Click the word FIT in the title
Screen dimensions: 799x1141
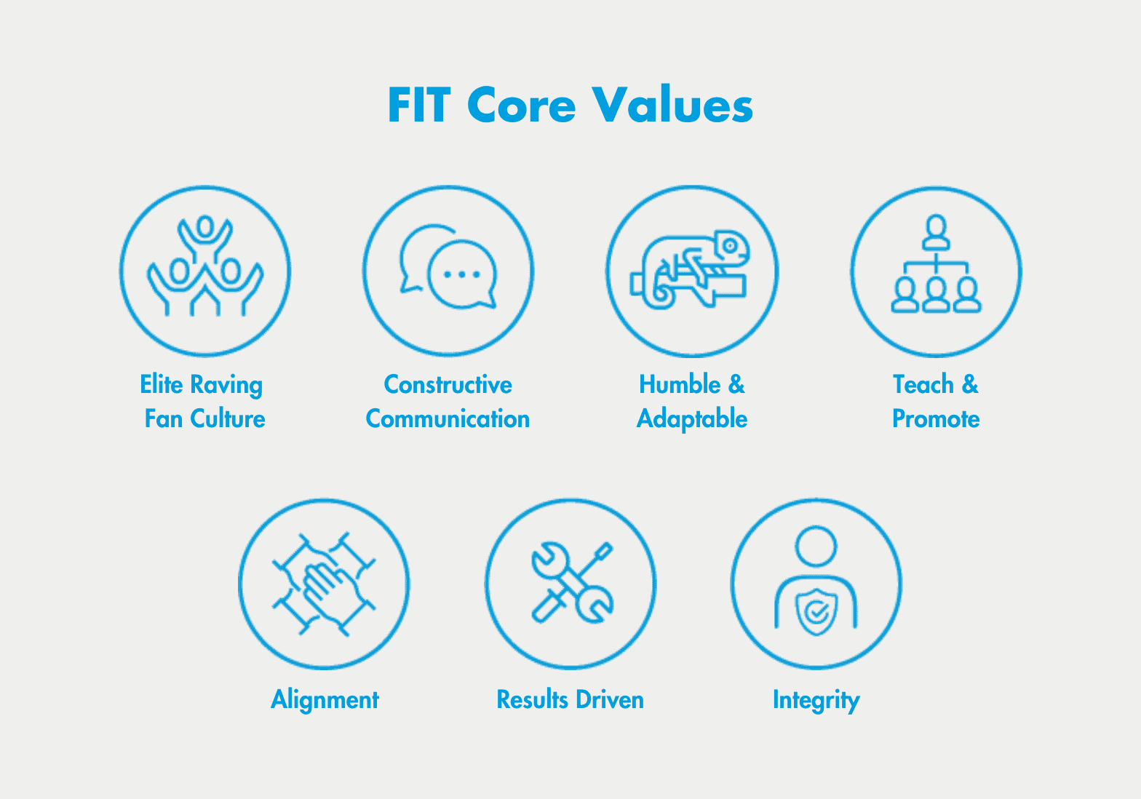coord(419,106)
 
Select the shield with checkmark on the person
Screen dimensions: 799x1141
coord(816,612)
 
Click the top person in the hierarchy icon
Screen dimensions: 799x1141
coord(936,231)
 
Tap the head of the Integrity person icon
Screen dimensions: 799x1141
coord(816,546)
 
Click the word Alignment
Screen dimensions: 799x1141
coord(325,700)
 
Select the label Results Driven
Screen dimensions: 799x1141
coord(570,700)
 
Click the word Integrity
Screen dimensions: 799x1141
coord(816,700)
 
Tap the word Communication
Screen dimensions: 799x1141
coord(448,419)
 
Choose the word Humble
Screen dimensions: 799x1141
coord(680,384)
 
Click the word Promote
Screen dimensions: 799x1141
coord(936,419)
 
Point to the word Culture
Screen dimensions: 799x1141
coord(228,419)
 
